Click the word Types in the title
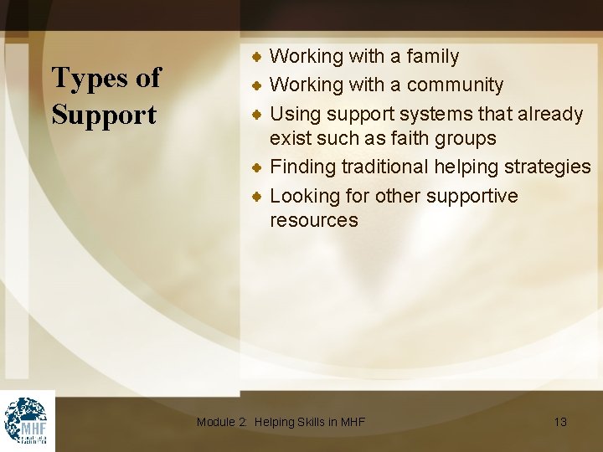[x=88, y=79]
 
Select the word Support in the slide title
[x=104, y=115]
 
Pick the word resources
[x=313, y=220]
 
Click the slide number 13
[x=560, y=422]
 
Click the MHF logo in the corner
[x=27, y=420]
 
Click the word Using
[x=296, y=113]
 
